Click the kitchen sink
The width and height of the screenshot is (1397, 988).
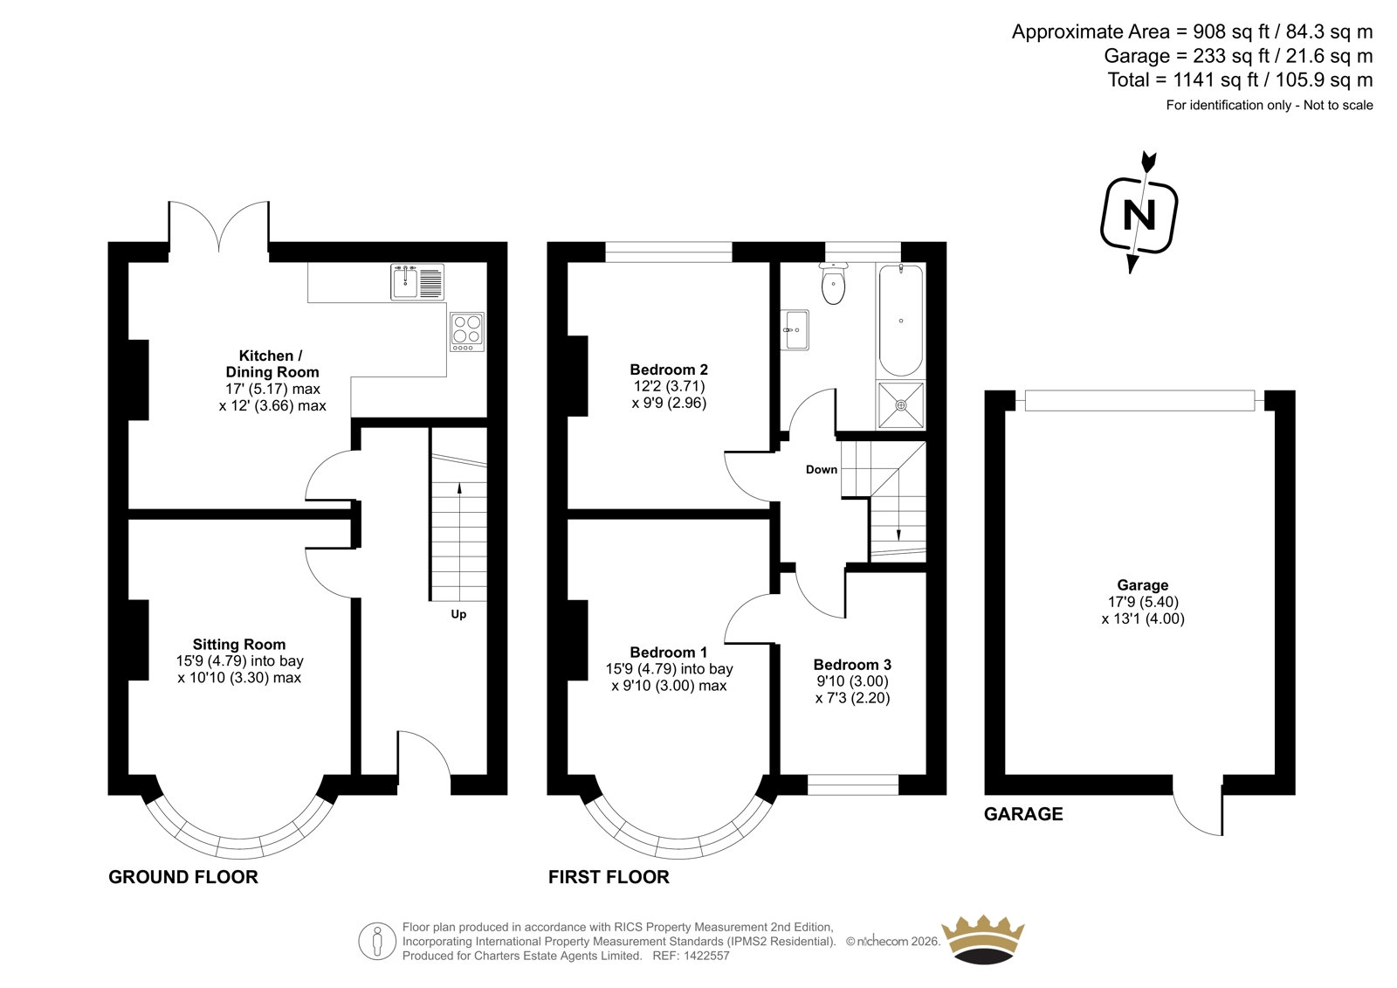[x=417, y=282]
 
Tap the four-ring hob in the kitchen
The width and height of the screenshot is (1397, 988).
[x=467, y=331]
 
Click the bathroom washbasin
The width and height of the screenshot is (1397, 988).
[x=795, y=330]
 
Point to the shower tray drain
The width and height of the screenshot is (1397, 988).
[x=900, y=405]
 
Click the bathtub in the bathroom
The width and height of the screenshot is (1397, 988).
[x=900, y=321]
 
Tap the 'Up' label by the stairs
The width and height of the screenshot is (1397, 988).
[x=458, y=615]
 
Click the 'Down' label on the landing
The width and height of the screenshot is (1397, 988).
[x=822, y=469]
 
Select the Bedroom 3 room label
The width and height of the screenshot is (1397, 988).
[x=852, y=664]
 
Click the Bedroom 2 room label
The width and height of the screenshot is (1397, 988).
[x=669, y=370]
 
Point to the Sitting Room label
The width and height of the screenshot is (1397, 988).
[x=239, y=644]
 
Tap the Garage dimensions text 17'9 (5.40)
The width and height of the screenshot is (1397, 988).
[x=1143, y=602]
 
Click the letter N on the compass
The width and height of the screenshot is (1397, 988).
[x=1139, y=215]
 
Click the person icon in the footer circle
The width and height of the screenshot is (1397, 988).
[x=376, y=941]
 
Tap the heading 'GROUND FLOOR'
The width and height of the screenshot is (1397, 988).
[x=183, y=877]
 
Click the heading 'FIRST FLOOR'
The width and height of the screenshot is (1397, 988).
[x=609, y=877]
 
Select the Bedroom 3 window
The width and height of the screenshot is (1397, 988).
[x=852, y=784]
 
